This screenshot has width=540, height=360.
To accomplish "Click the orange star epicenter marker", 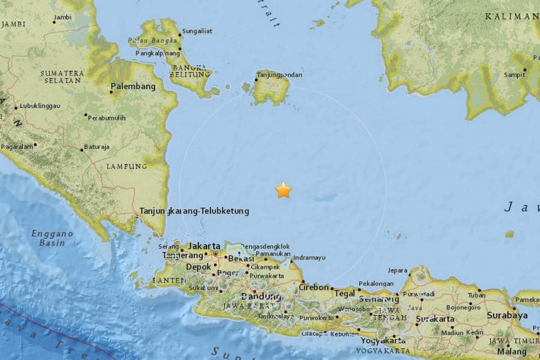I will click(283, 190).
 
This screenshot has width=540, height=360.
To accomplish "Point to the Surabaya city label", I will click(507, 315).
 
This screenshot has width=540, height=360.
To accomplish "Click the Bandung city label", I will click(261, 296).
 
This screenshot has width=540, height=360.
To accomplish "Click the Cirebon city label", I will click(314, 287).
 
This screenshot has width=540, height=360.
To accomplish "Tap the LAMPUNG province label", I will click(127, 166).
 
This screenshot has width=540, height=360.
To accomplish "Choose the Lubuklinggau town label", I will click(39, 106).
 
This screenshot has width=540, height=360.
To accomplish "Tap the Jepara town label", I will click(398, 271).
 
